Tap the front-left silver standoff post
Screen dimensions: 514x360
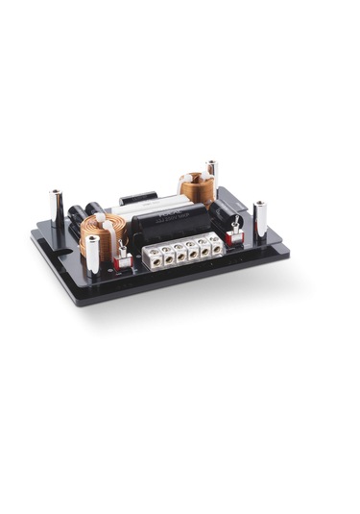tap(93, 253)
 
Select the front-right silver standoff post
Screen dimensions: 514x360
tap(259, 220)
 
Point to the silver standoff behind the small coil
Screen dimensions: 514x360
tap(212, 176)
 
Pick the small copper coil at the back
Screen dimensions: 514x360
tap(195, 188)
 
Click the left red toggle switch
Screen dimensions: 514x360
tap(123, 257)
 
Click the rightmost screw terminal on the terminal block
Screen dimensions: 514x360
tap(217, 246)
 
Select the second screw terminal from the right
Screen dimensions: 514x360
tap(204, 248)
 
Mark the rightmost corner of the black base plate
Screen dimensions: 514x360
tap(288, 252)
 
